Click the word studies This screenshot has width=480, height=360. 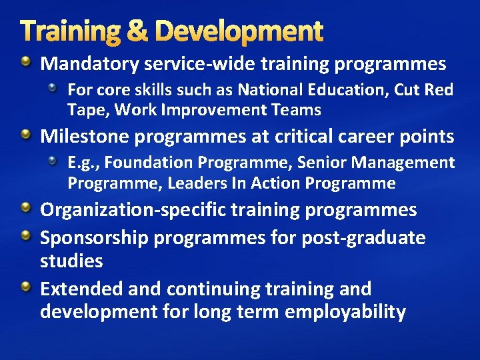(71, 261)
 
